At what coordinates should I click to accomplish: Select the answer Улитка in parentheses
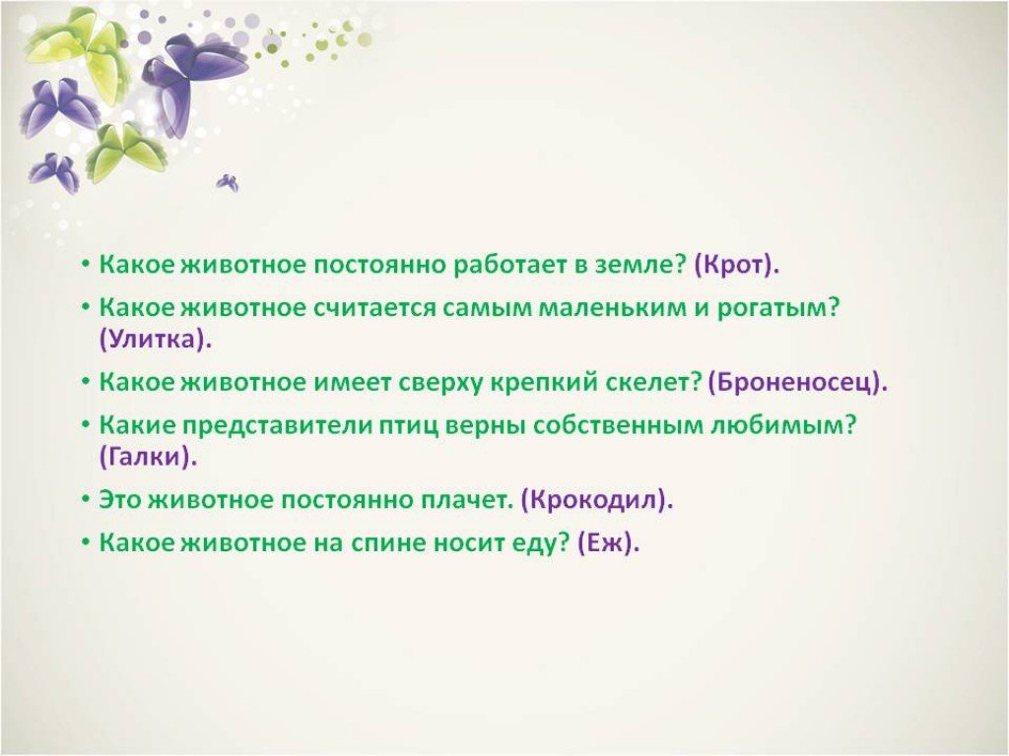[153, 340]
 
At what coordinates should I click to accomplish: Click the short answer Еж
[606, 543]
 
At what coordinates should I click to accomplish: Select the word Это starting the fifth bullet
[119, 500]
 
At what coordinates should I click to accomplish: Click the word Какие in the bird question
[137, 425]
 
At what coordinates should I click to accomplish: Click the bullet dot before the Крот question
[86, 264]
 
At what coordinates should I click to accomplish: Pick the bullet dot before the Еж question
[86, 542]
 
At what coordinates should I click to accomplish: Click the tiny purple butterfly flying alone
[228, 182]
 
